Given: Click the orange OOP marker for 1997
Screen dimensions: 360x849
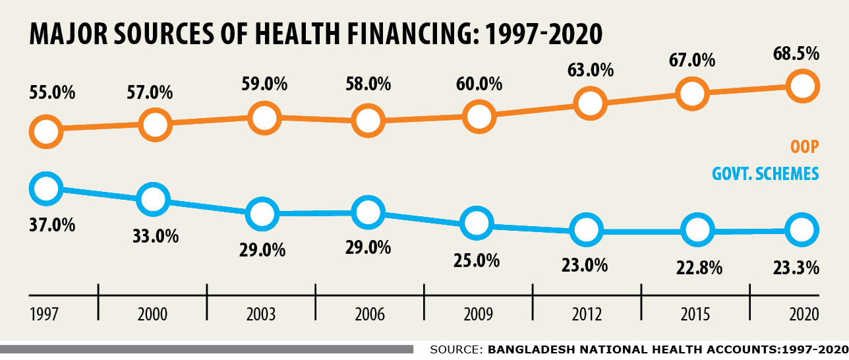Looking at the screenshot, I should [45, 131].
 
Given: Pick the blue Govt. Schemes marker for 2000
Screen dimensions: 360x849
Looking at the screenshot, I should [153, 198].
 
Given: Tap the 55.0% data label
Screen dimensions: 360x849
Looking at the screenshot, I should [52, 92].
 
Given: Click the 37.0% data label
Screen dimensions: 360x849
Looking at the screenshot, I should [52, 225].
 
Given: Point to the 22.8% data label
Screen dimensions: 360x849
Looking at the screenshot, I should [699, 268].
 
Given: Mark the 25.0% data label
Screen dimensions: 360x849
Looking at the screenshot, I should [477, 260].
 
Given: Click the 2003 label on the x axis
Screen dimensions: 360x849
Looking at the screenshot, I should [262, 315].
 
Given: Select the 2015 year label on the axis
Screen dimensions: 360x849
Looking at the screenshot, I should [695, 315].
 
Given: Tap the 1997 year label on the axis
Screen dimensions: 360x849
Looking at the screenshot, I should [45, 315].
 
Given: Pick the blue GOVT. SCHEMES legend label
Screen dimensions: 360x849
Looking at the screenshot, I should [765, 174].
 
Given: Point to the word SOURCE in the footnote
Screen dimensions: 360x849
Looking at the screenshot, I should [455, 349].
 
